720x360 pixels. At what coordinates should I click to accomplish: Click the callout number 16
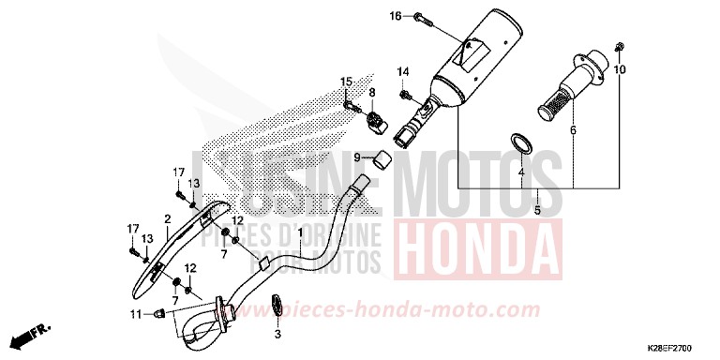(x=395, y=16)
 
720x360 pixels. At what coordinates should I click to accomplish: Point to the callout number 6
(x=572, y=131)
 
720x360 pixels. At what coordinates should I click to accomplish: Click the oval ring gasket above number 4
(x=522, y=144)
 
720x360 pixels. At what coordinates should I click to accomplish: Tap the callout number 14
(x=403, y=72)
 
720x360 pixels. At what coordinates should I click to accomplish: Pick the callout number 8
(x=371, y=92)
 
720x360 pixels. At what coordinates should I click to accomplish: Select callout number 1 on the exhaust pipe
(x=300, y=232)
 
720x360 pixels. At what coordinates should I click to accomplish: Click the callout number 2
(x=168, y=219)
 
